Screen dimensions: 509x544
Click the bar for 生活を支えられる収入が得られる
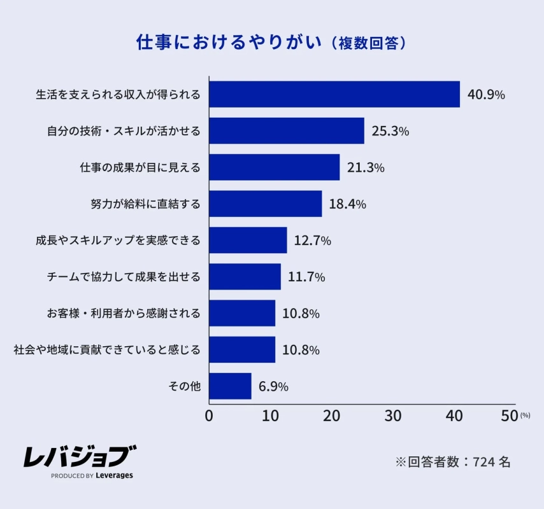[334, 94]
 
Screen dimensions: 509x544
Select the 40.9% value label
[486, 95]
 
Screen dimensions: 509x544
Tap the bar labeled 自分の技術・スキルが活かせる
[286, 131]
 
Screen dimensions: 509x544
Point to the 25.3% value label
[390, 132]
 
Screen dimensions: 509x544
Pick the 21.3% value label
[366, 168]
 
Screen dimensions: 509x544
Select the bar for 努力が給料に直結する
[265, 204]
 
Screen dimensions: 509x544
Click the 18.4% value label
[347, 204]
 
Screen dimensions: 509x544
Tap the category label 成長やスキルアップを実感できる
[118, 241]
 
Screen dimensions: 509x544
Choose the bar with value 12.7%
[248, 241]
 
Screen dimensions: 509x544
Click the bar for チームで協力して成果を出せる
[245, 277]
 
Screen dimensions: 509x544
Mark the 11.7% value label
[306, 277]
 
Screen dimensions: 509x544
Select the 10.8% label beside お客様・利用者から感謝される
[301, 314]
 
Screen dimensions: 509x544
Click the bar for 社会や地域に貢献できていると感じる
[242, 350]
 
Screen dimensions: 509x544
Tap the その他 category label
[184, 386]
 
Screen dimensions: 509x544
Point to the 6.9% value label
[273, 386]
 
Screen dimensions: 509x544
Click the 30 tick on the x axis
[392, 416]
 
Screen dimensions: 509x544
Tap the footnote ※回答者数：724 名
[452, 462]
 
